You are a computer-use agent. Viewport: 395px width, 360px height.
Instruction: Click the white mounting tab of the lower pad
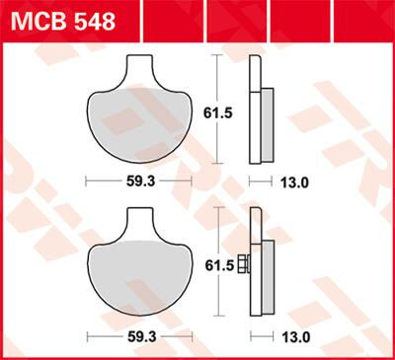point(143,224)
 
